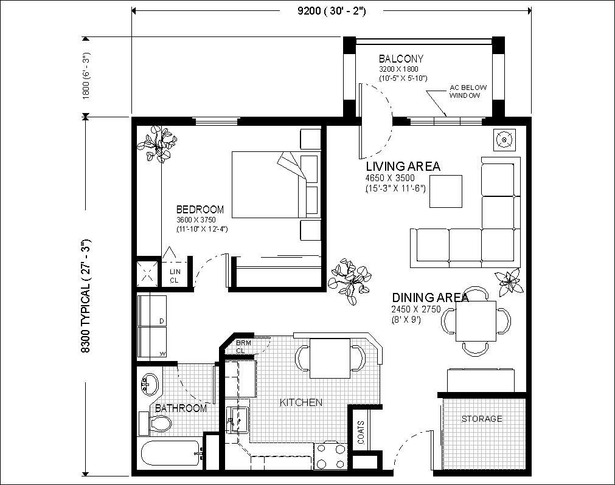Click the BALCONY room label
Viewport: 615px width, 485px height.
[401, 59]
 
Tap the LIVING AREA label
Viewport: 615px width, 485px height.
[403, 166]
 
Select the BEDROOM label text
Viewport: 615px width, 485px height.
[200, 209]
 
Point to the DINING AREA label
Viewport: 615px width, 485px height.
[430, 297]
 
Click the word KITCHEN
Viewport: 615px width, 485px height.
[301, 402]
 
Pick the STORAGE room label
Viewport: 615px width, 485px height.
[482, 419]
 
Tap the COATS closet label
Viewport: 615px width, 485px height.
[361, 433]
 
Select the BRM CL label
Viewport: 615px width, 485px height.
[243, 346]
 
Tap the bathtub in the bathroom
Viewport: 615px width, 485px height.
[170, 453]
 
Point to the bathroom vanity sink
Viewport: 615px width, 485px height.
[149, 383]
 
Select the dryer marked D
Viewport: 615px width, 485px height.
[152, 311]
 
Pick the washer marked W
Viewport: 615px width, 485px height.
[152, 342]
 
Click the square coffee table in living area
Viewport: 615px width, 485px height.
[445, 191]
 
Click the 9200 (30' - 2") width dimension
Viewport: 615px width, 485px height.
[332, 11]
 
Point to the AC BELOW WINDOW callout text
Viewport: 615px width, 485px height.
[468, 91]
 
